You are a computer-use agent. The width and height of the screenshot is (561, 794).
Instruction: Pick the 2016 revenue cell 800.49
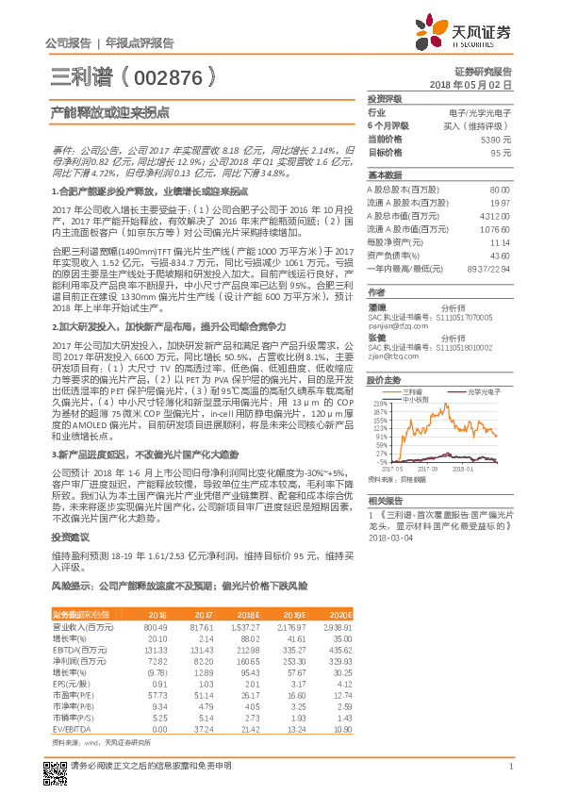click(x=155, y=626)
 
